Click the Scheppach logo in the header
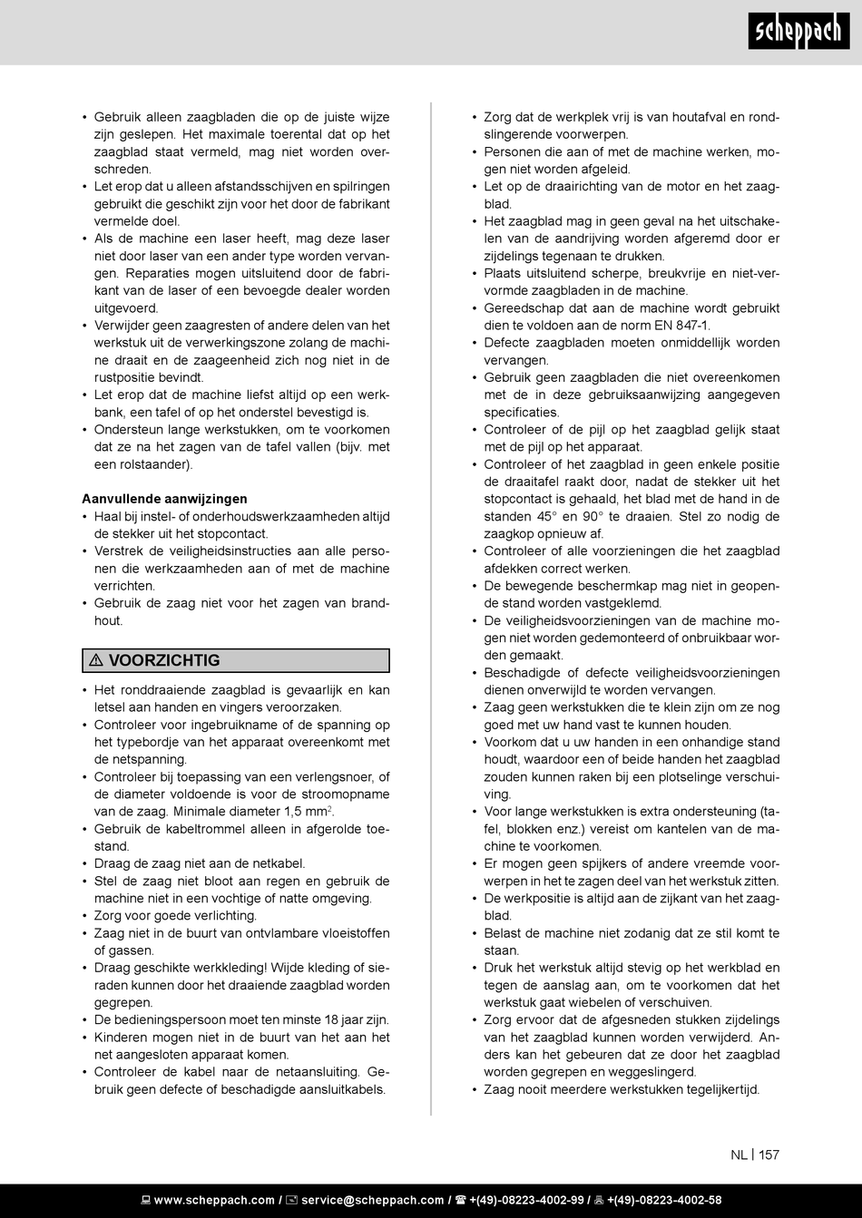pyautogui.click(x=799, y=33)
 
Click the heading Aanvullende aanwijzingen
pyautogui.click(x=164, y=499)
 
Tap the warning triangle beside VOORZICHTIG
pyautogui.click(x=96, y=661)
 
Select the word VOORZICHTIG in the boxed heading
pyautogui.click(x=164, y=661)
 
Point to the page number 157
pyautogui.click(x=769, y=1155)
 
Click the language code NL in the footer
pyautogui.click(x=739, y=1155)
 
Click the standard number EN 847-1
pyautogui.click(x=681, y=326)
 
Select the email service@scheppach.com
pyautogui.click(x=372, y=1200)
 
